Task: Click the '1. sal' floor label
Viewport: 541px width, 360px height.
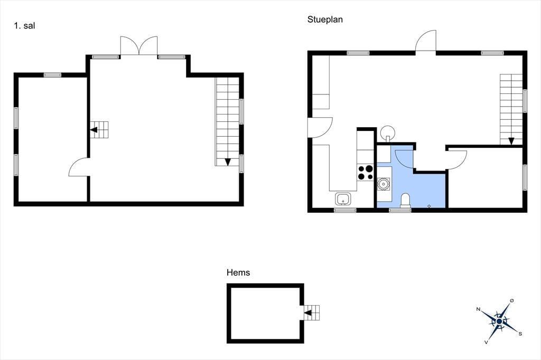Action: click(x=24, y=25)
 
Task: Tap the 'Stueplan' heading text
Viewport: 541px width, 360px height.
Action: click(x=325, y=20)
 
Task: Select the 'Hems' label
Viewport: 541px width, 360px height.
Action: click(x=238, y=272)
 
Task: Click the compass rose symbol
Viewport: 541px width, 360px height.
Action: click(x=499, y=321)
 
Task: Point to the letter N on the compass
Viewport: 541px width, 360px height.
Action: click(x=478, y=309)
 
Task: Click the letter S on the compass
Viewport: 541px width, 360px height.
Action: click(x=520, y=334)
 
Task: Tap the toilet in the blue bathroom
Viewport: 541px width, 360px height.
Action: click(x=405, y=201)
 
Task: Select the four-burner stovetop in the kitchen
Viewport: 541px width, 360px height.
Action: click(x=366, y=173)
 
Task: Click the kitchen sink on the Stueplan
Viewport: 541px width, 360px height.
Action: click(x=343, y=199)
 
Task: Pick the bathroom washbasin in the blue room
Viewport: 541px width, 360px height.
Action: click(x=384, y=184)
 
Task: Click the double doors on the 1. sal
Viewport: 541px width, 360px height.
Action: click(x=139, y=46)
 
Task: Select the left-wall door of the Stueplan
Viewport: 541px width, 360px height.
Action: click(x=321, y=128)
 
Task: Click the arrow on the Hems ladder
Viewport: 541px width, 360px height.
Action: click(x=307, y=313)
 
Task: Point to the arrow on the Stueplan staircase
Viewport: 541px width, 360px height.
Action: click(x=511, y=141)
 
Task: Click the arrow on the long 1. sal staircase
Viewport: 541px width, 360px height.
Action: click(x=228, y=162)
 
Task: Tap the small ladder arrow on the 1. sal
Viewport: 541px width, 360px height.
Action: click(x=94, y=130)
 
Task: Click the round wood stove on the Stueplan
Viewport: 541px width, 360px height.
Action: click(x=388, y=132)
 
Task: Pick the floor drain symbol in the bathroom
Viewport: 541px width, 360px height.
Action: click(x=429, y=206)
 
